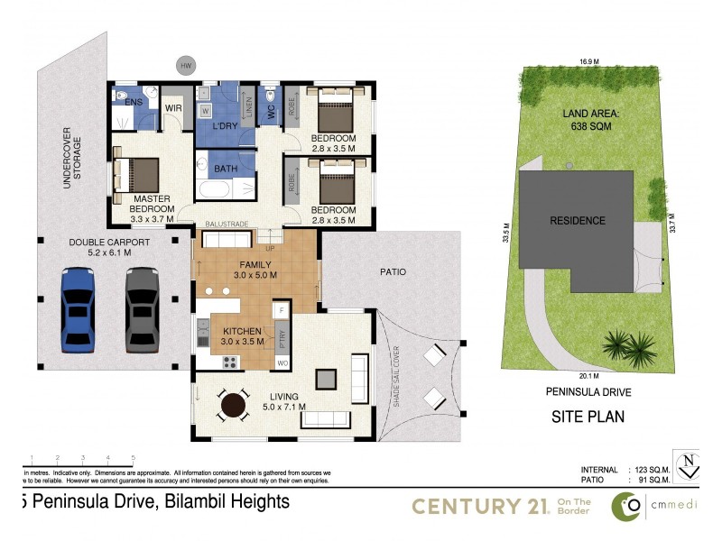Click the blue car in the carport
pos(77,309)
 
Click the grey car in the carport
pos(141,309)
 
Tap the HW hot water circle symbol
pos(187,66)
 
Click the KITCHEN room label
pos(243,330)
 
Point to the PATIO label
pos(392,271)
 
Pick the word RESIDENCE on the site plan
pos(579,220)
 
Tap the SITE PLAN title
pos(588,417)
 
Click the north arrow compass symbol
pos(689,465)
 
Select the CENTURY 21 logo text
pos(480,507)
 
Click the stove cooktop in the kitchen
pos(229,362)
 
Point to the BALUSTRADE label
pos(226,221)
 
